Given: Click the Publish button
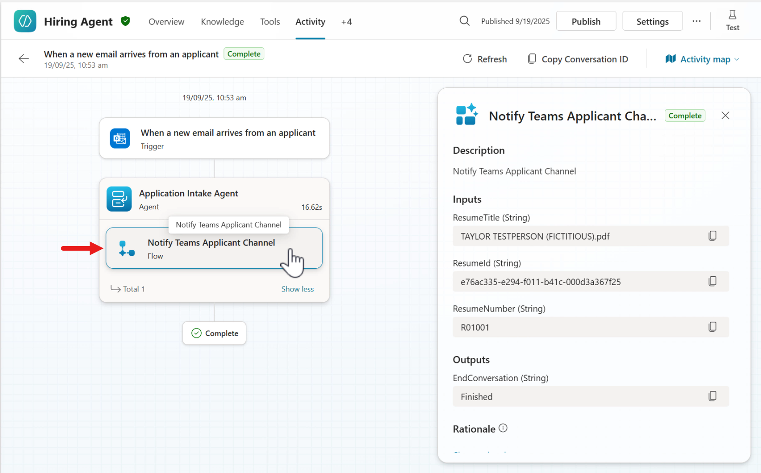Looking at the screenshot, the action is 586,21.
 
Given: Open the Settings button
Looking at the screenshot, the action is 652,21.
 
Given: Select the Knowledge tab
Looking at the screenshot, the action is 222,21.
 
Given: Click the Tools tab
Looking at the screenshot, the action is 270,21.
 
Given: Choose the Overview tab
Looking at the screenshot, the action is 166,21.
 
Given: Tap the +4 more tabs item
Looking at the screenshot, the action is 347,22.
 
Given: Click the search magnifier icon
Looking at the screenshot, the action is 465,21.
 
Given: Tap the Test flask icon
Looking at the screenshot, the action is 733,15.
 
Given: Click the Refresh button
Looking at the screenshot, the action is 485,59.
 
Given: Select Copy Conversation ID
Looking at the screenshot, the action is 578,59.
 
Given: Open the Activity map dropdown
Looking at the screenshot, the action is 702,59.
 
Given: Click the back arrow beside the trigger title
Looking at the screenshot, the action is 23,58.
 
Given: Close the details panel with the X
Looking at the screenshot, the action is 725,116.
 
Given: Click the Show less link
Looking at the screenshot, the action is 297,289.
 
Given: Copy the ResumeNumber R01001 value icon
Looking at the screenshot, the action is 712,327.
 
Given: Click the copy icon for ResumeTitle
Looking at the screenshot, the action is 712,236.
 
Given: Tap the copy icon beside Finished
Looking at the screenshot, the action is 712,396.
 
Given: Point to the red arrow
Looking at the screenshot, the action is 82,248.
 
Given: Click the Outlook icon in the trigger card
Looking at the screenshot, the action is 120,138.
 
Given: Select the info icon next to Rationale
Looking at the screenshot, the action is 503,428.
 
